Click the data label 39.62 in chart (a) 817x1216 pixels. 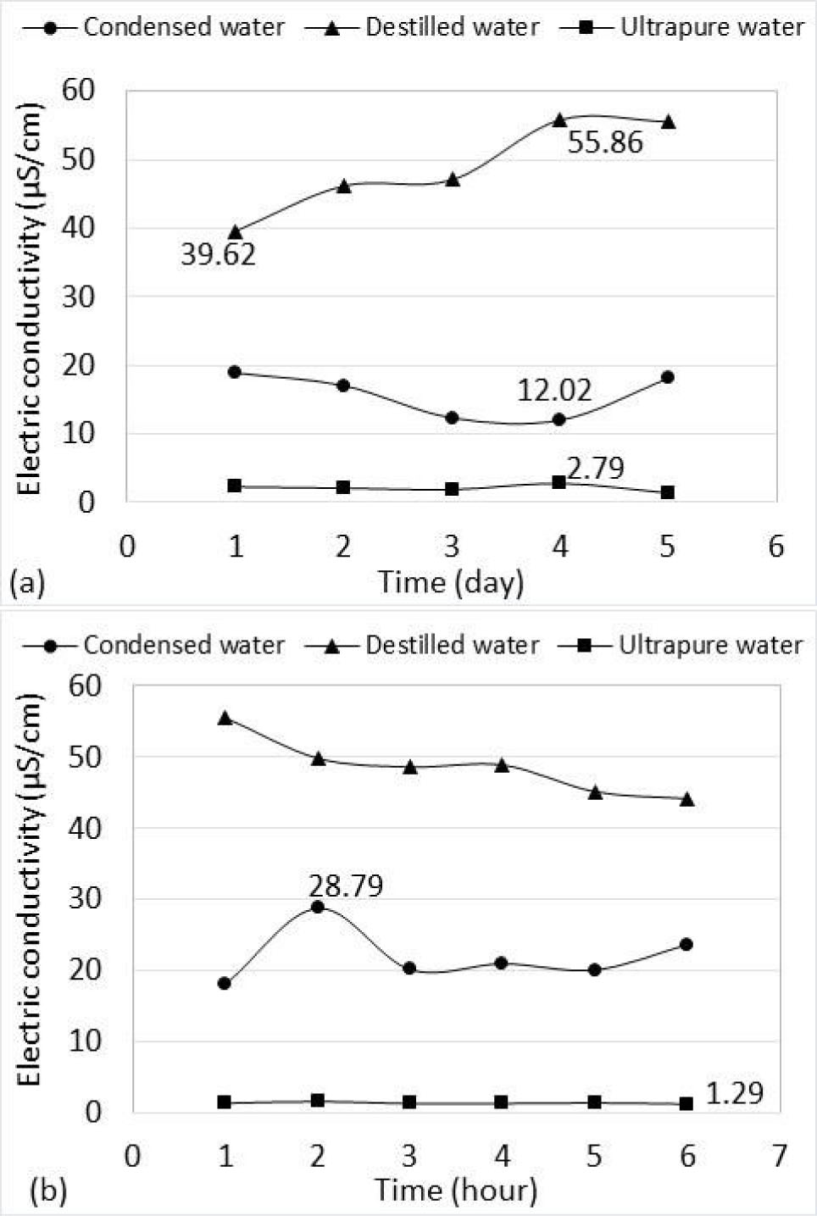(218, 254)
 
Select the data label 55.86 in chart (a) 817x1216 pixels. (604, 142)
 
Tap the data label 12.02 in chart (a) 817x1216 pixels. (554, 391)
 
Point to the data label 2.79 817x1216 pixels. (595, 468)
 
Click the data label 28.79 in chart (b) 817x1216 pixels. (345, 886)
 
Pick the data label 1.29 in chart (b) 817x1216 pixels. (734, 1094)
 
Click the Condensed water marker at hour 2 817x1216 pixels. (318, 907)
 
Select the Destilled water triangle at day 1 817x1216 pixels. (236, 231)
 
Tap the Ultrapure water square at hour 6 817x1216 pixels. (686, 1103)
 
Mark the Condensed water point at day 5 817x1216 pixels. (668, 377)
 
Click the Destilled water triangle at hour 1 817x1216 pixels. (225, 718)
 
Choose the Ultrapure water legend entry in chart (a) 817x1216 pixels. (682, 27)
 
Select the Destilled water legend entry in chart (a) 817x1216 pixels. (422, 27)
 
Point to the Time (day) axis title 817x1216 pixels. (451, 582)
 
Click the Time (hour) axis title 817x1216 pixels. (456, 1191)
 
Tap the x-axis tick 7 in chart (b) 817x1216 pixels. (779, 1156)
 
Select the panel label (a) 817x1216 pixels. (26, 583)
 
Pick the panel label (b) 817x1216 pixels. (47, 1191)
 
